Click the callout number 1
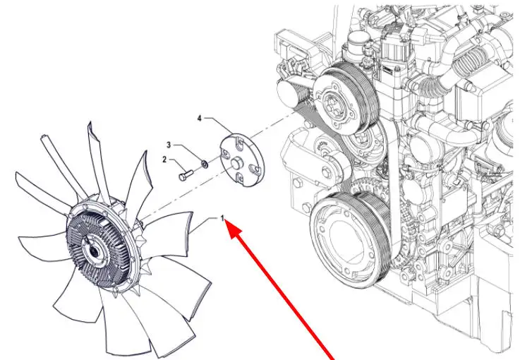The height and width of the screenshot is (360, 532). [x=222, y=218]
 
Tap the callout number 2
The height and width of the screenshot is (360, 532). [x=164, y=160]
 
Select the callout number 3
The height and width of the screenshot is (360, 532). [x=169, y=145]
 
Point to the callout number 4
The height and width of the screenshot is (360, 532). [x=200, y=118]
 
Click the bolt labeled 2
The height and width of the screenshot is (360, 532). [x=186, y=175]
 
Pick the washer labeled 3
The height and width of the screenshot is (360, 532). [x=205, y=164]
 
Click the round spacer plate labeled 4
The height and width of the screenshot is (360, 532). [x=242, y=160]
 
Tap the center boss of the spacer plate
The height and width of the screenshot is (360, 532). [x=236, y=163]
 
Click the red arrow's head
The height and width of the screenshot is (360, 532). [x=235, y=229]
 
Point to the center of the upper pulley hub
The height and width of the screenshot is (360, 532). [x=331, y=103]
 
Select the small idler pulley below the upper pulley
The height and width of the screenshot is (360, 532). [x=363, y=143]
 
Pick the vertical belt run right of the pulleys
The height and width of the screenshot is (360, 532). [x=395, y=190]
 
